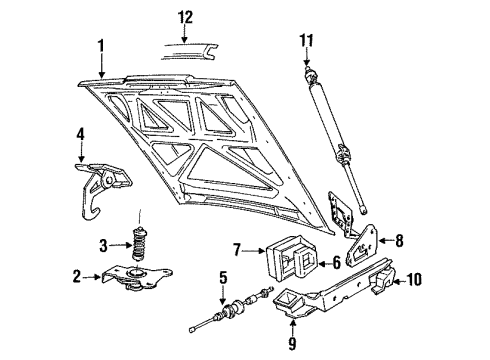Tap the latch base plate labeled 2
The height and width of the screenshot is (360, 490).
click(x=131, y=274)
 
